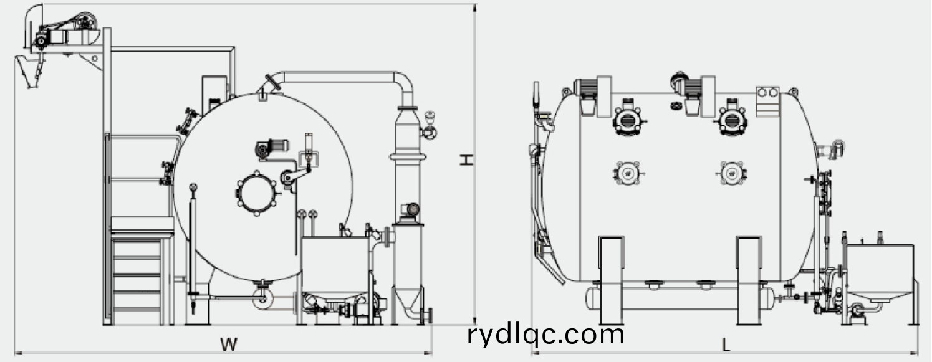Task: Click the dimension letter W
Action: pyautogui.click(x=229, y=343)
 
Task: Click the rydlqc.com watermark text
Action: pyautogui.click(x=545, y=335)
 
